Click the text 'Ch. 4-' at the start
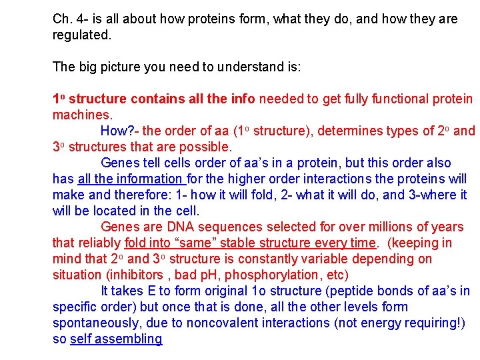pyautogui.click(x=69, y=19)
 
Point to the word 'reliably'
pyautogui.click(x=99, y=243)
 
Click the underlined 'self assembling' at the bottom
pyautogui.click(x=116, y=339)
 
